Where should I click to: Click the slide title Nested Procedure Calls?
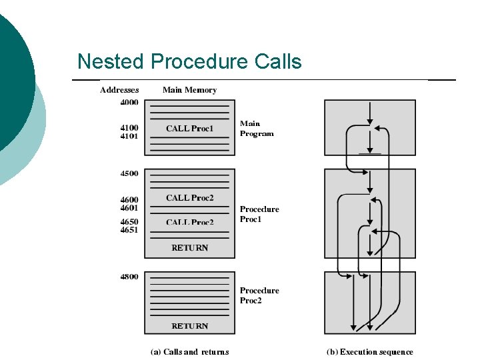(x=189, y=62)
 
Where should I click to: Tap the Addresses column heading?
(x=119, y=90)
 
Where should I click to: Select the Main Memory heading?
(x=189, y=90)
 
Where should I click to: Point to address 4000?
(x=129, y=103)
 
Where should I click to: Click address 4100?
(x=129, y=127)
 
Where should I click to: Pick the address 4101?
(x=129, y=136)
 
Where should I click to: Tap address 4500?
(x=129, y=173)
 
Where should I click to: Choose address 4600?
(x=129, y=199)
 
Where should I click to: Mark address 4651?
(x=129, y=230)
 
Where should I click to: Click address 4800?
(x=129, y=277)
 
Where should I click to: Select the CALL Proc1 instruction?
(x=189, y=129)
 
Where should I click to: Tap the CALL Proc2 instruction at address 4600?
(x=189, y=198)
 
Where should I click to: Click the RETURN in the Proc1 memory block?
(x=189, y=248)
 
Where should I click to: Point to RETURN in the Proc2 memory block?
(x=189, y=326)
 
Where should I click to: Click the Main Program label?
(x=257, y=129)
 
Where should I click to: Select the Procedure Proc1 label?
(x=259, y=214)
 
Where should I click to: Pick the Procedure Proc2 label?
(x=259, y=295)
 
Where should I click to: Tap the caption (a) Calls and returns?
(x=189, y=352)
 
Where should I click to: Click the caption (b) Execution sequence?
(x=369, y=352)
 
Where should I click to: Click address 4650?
(x=129, y=221)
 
